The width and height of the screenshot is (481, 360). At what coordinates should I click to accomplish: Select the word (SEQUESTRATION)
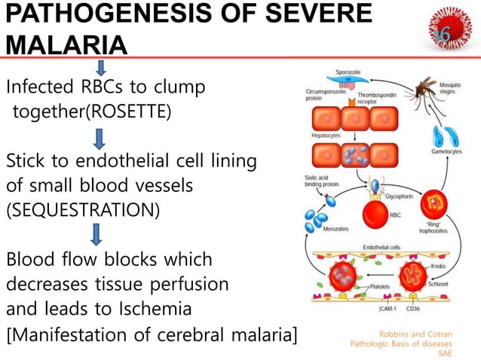[x=83, y=209]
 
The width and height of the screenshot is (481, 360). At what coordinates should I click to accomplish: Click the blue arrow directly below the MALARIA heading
[x=101, y=68]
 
